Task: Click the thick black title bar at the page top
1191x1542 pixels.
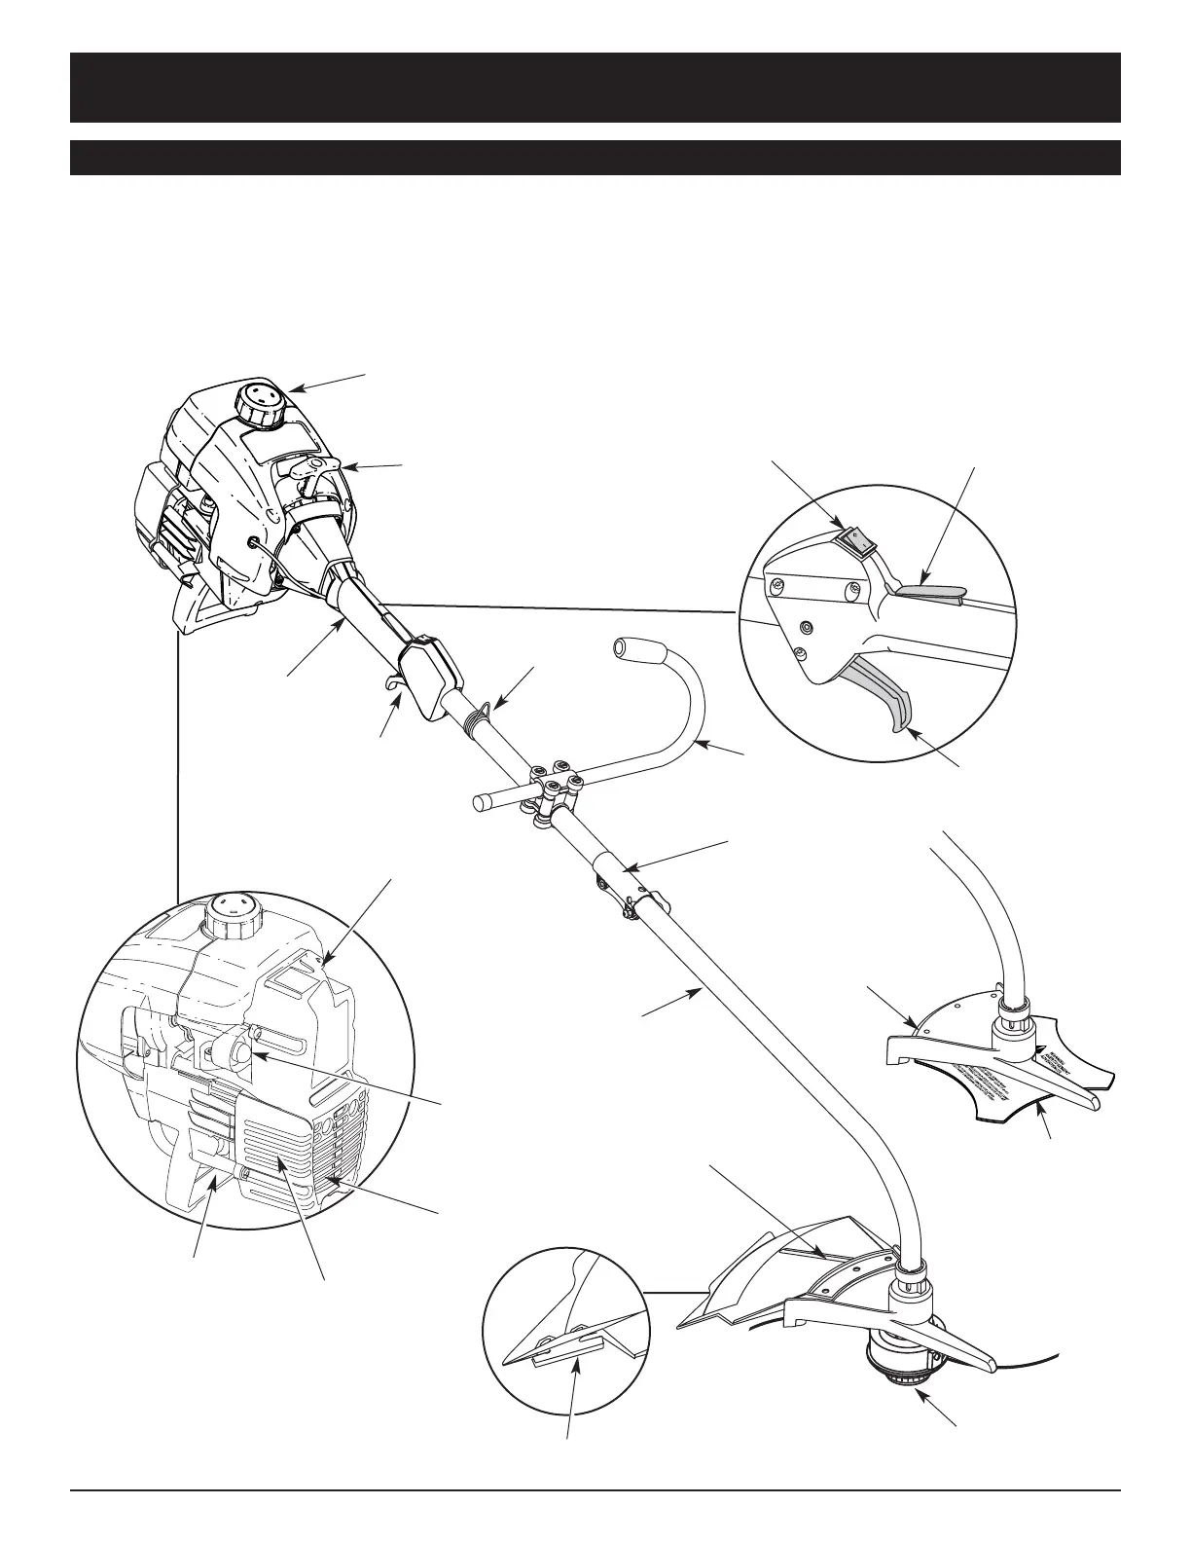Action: tap(595, 88)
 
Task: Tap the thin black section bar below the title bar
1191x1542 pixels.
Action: tap(595, 158)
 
